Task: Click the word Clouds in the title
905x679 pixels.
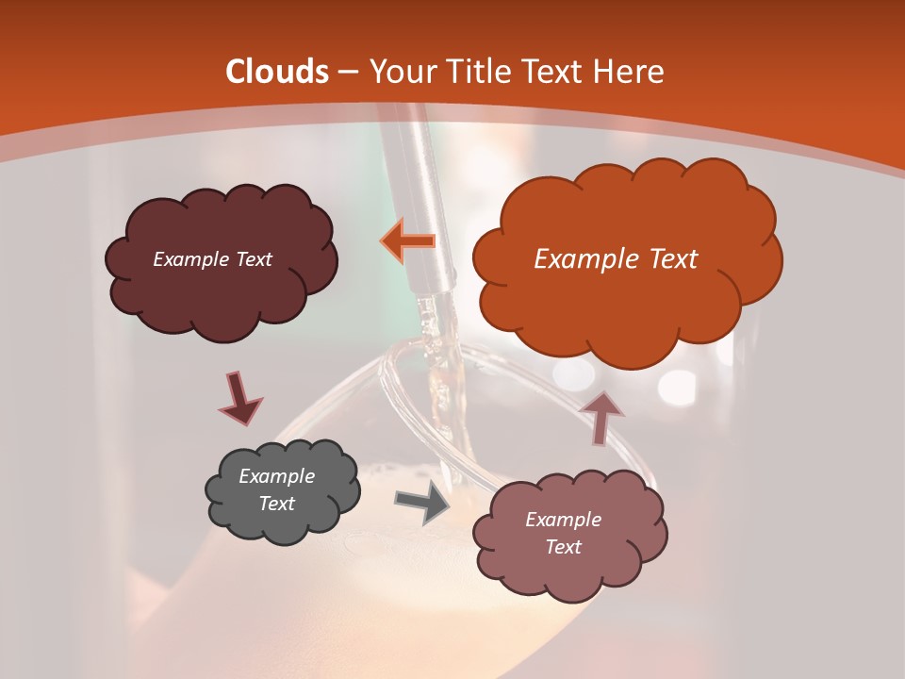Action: (x=277, y=72)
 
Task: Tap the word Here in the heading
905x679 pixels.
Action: (x=630, y=72)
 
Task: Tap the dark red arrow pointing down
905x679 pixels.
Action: (x=239, y=399)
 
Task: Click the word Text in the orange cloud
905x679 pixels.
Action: (x=671, y=259)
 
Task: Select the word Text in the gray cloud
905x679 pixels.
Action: (x=276, y=504)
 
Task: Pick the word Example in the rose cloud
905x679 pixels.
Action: (x=563, y=520)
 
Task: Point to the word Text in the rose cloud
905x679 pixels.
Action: (x=563, y=547)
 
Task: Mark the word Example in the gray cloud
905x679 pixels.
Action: (x=276, y=476)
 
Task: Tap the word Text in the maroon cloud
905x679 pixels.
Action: (x=253, y=258)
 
